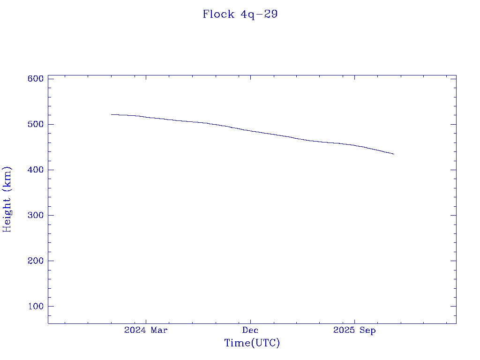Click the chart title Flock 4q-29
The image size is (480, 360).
(x=240, y=14)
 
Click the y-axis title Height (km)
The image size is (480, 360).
(x=7, y=199)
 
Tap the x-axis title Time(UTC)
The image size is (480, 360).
(x=252, y=343)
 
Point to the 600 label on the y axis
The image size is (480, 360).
(x=35, y=79)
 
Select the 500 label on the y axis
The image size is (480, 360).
(x=35, y=124)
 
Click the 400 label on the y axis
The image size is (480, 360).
(x=35, y=170)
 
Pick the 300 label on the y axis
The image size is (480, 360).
(x=35, y=215)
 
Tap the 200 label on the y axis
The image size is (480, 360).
(x=35, y=261)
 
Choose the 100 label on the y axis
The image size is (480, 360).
(x=35, y=306)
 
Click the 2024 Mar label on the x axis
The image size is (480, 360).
(x=146, y=330)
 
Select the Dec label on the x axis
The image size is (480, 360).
(x=250, y=330)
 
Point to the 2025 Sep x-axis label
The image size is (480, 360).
(x=354, y=330)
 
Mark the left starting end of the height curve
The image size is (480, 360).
(x=112, y=114)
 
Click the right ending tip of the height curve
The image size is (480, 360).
(x=394, y=154)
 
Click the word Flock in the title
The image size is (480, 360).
(x=218, y=14)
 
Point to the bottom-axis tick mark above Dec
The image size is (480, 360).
(x=250, y=321)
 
